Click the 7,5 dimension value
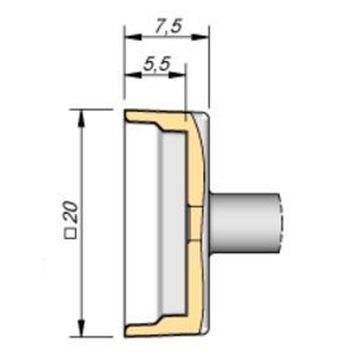167,27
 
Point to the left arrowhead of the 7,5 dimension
132,37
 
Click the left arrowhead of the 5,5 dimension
132,75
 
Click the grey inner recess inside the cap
173,223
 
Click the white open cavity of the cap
140,223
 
